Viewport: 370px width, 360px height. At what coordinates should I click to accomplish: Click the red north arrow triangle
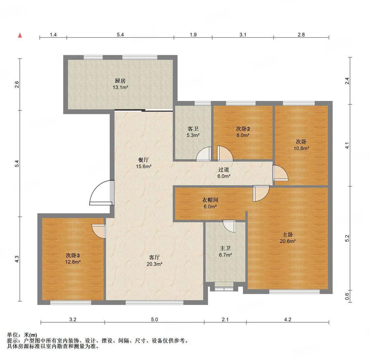tap(20, 36)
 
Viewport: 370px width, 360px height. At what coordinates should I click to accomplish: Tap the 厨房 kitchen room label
tap(120, 81)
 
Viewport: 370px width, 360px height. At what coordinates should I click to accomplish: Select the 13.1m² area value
tap(120, 87)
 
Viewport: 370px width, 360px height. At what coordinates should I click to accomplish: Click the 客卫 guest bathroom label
tap(193, 129)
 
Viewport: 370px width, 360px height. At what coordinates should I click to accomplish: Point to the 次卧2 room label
tap(243, 129)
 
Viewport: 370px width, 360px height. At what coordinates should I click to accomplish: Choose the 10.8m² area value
tap(301, 148)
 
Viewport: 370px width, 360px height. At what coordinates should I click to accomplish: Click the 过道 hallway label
tap(223, 170)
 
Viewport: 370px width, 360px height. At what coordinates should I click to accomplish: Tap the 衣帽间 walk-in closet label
tap(210, 200)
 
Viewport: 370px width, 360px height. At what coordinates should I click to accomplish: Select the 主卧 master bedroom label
tap(288, 234)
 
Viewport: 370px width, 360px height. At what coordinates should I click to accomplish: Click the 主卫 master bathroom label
tap(225, 248)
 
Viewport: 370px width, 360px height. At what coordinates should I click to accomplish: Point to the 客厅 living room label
tap(154, 257)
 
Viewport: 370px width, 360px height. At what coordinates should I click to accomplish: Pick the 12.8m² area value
tap(73, 262)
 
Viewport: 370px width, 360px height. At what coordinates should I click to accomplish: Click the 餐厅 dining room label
tap(143, 160)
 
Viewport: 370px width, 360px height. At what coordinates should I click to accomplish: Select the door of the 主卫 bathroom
tap(229, 226)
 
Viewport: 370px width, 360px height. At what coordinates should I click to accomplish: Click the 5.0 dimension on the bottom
tap(154, 320)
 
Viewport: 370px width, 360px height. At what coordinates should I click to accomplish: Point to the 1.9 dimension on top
tap(193, 35)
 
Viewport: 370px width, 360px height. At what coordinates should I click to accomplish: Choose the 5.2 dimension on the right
tap(347, 238)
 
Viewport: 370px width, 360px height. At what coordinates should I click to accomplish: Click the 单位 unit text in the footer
tap(13, 335)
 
